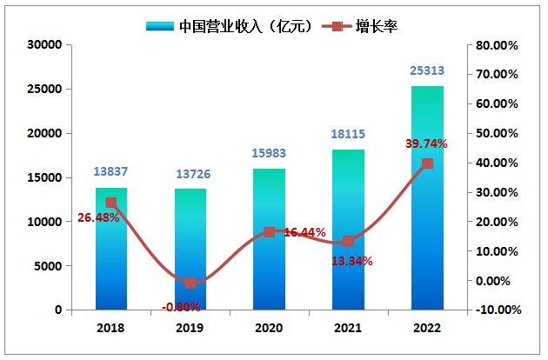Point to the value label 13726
pyautogui.click(x=190, y=174)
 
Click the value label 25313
pyautogui.click(x=427, y=70)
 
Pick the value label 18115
pyautogui.click(x=348, y=134)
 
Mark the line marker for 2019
pyautogui.click(x=190, y=283)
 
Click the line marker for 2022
pyautogui.click(x=427, y=163)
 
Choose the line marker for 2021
pyautogui.click(x=348, y=241)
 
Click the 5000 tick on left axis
pyautogui.click(x=49, y=266)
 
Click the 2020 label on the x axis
pyautogui.click(x=269, y=328)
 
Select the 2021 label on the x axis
pyautogui.click(x=348, y=328)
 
